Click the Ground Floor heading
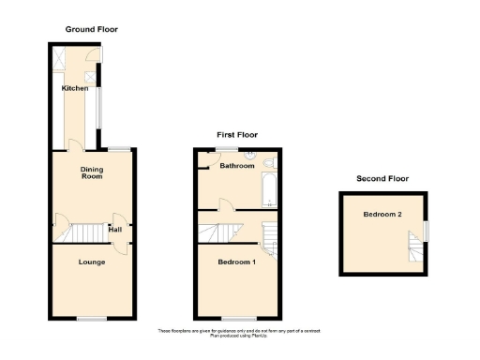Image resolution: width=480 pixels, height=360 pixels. point(91,29)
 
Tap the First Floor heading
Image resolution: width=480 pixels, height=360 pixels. point(237,135)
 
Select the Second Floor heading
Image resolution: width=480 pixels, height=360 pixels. point(382,178)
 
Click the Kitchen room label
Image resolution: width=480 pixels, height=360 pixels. point(75,88)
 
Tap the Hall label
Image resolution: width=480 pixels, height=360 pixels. point(114,229)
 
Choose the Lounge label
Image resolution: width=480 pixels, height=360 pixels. point(91,262)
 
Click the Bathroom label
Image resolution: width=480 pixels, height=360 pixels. point(237,166)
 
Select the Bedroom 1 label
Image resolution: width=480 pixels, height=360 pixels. point(236,261)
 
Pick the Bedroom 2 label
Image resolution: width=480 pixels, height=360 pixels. point(382,214)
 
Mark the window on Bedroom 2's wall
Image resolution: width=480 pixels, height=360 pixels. point(427,230)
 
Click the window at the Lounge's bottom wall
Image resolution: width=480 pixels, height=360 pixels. point(91,319)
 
